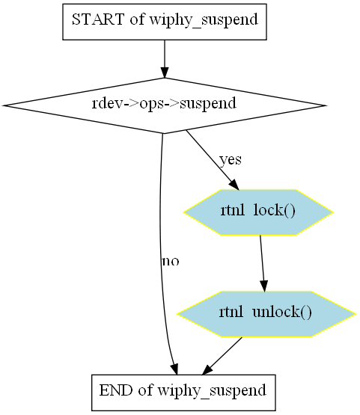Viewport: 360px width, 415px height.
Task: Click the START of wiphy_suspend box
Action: (165, 22)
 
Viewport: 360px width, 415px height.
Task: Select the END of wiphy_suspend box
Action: (183, 393)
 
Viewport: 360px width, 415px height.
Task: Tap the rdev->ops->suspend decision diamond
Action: (165, 105)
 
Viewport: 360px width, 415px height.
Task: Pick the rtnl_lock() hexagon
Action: (258, 212)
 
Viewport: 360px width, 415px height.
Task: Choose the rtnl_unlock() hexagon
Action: (266, 314)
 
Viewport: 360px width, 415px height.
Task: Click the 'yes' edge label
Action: (231, 160)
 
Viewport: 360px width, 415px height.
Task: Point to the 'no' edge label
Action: (171, 261)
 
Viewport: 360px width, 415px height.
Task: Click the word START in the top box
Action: (98, 19)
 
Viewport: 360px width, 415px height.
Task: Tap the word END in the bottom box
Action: (116, 390)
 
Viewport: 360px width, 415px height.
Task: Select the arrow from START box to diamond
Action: (165, 59)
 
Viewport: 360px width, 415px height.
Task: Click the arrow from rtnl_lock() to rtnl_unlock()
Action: (262, 263)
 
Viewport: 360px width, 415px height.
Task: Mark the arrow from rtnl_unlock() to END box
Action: (222, 356)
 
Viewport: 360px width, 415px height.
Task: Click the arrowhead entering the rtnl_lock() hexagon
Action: (234, 185)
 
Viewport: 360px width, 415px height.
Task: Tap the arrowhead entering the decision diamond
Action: (165, 73)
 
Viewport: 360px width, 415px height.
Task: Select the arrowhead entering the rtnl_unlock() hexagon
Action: (264, 286)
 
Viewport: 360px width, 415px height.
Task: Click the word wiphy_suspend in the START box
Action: (204, 20)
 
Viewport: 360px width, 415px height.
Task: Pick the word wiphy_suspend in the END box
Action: (212, 391)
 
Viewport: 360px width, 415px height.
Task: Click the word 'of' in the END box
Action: (145, 390)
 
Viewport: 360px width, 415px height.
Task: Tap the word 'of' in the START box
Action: (137, 19)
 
